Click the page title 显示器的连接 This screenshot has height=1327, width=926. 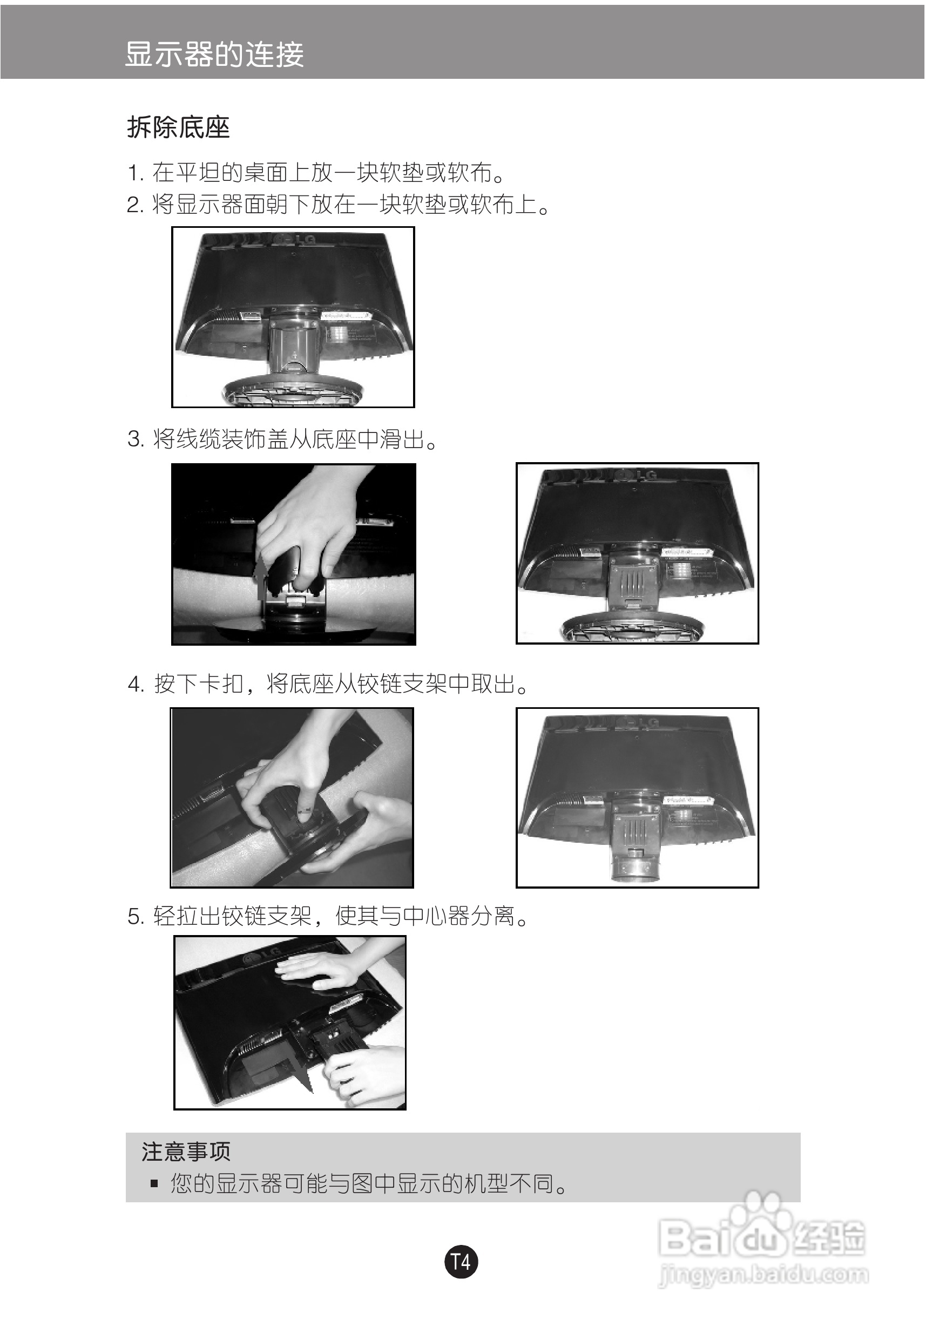pyautogui.click(x=214, y=55)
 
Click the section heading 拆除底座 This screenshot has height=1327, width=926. pyautogui.click(x=179, y=128)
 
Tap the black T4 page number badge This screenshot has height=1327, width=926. pyautogui.click(x=461, y=1262)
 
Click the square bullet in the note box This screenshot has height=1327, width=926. pyautogui.click(x=154, y=1183)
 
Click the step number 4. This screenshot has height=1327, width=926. pyautogui.click(x=136, y=685)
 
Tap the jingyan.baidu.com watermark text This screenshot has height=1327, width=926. pyautogui.click(x=763, y=1275)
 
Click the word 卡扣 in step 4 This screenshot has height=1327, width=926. pyautogui.click(x=220, y=685)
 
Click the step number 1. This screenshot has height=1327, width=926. pyautogui.click(x=134, y=173)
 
